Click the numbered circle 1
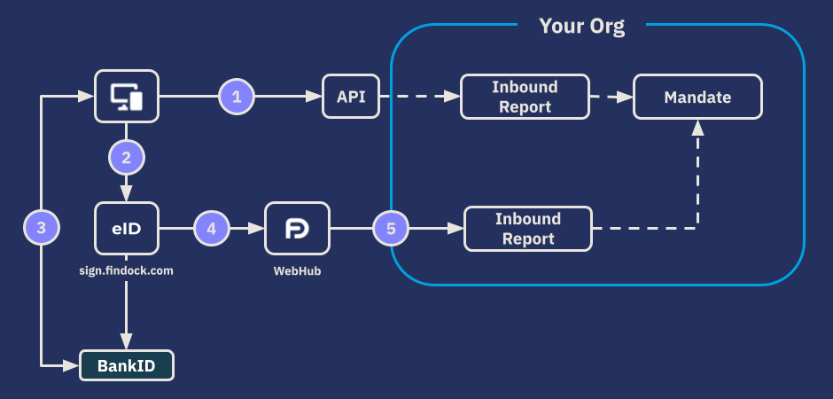[x=237, y=96]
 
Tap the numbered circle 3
[x=41, y=228]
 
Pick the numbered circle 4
[x=211, y=228]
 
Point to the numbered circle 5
[x=391, y=228]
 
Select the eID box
[x=126, y=228]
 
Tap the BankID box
[x=126, y=364]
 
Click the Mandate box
[x=697, y=97]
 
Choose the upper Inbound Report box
[x=525, y=97]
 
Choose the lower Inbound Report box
[x=528, y=229]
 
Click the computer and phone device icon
[x=126, y=96]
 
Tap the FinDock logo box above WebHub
[x=296, y=228]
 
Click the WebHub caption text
[x=296, y=270]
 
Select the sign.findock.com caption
[x=126, y=270]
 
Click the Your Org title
[x=581, y=26]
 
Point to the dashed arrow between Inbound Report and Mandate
[x=611, y=96]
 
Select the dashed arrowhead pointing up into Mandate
[x=697, y=129]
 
